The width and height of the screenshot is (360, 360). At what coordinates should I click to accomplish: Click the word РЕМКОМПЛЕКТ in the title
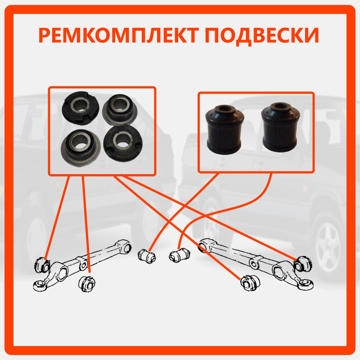coord(119,35)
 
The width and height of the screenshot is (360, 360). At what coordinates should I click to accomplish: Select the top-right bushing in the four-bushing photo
coord(120,109)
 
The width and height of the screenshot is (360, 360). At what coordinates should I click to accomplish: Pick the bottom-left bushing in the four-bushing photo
coord(81,148)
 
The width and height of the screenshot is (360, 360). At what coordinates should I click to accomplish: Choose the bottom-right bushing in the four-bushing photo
coord(123,142)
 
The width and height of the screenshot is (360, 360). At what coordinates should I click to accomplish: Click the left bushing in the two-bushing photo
coord(224,130)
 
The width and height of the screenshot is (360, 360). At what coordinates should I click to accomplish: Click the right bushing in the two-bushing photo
coord(281,128)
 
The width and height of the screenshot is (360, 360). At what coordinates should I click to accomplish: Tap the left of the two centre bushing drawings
coord(147,256)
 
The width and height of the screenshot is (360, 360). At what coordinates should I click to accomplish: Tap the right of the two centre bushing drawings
coord(179,255)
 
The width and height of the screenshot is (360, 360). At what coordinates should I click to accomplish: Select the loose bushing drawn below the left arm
coord(87,284)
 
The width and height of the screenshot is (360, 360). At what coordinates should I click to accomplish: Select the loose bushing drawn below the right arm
coord(250,282)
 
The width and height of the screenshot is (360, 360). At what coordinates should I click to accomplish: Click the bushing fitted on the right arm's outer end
coord(303,264)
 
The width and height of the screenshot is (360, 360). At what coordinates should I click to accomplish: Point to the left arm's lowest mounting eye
coord(40,285)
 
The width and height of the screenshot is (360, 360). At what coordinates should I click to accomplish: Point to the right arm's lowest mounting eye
coord(306,284)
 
